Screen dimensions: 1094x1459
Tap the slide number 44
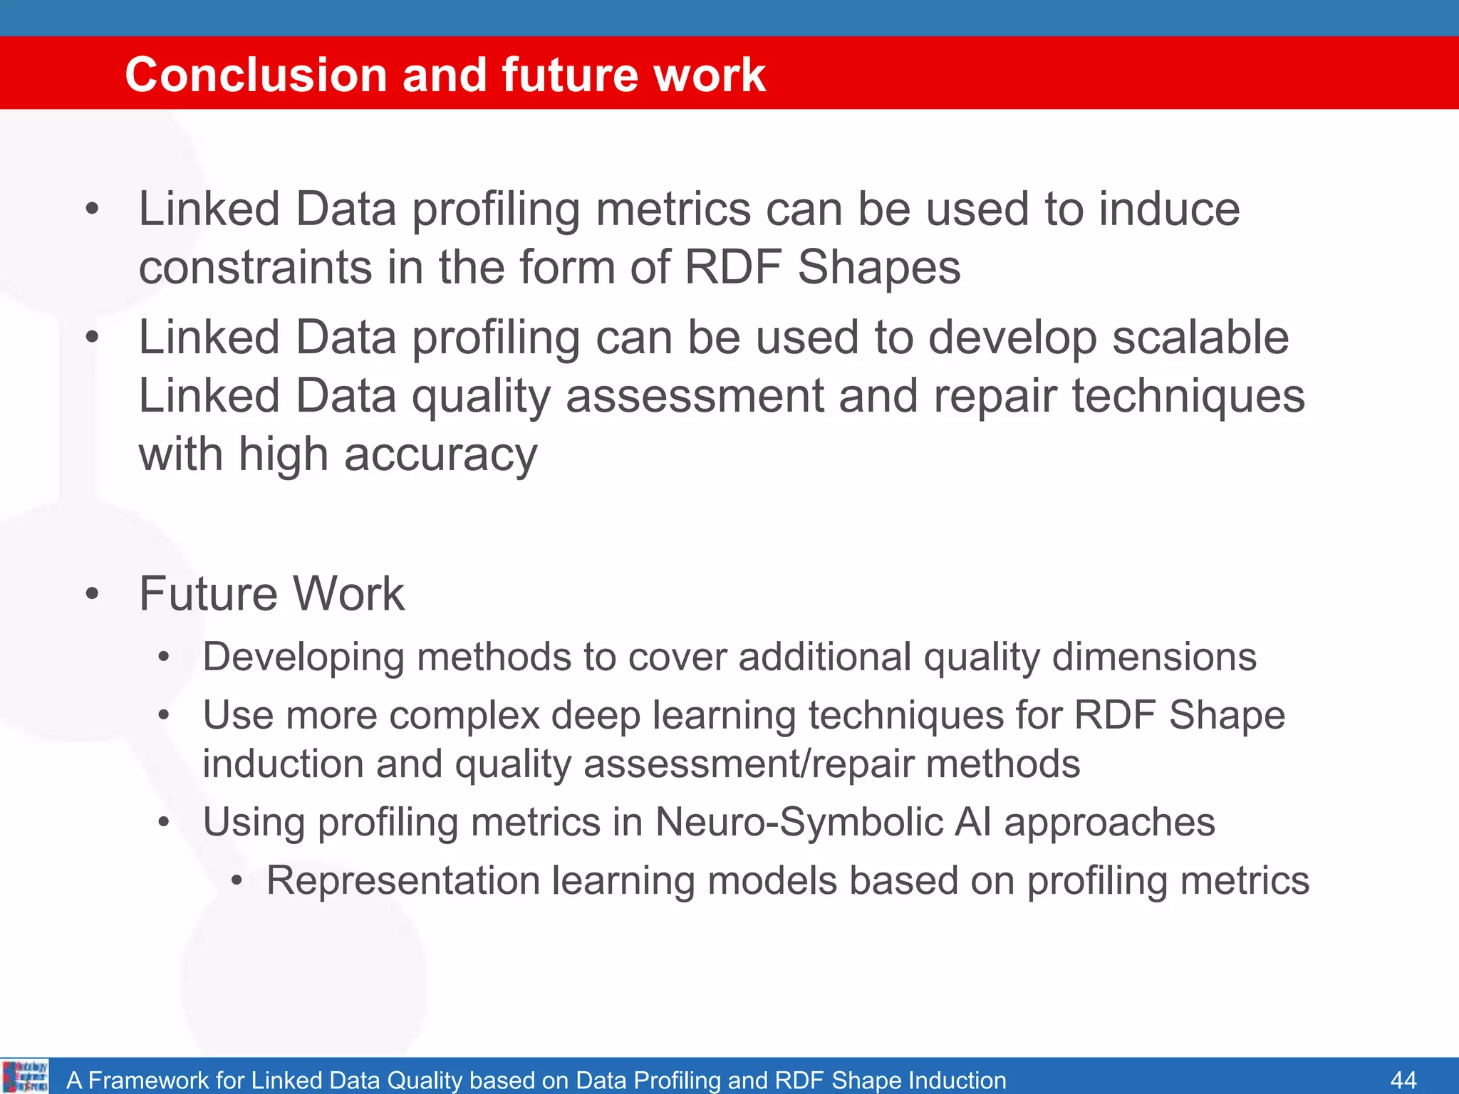tap(1403, 1080)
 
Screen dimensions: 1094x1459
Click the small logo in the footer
tap(25, 1076)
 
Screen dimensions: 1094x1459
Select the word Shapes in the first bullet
tap(878, 268)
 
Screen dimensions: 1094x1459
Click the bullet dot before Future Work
tap(92, 593)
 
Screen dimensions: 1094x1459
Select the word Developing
tap(303, 657)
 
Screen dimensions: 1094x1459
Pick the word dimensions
tap(1154, 656)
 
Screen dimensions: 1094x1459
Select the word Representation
tap(403, 880)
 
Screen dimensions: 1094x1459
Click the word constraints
tap(255, 268)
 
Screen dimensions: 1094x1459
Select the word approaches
tap(1109, 822)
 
